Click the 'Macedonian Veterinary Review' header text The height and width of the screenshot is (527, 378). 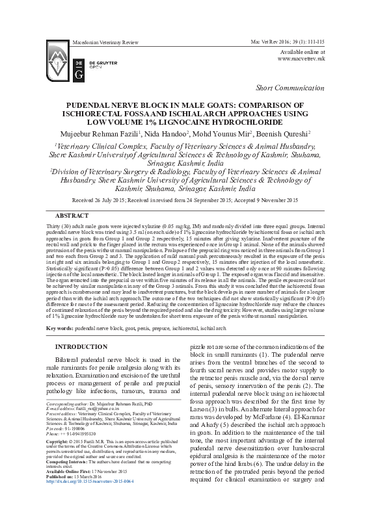(104, 41)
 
